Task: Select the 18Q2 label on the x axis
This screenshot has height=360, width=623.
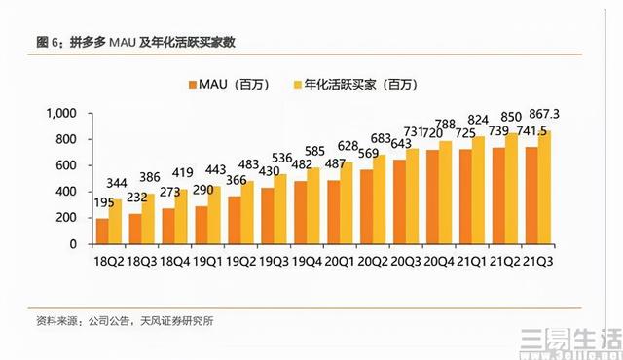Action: pyautogui.click(x=109, y=260)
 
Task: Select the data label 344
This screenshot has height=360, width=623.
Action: pyautogui.click(x=117, y=183)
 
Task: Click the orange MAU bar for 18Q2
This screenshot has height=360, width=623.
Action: pyautogui.click(x=102, y=231)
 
